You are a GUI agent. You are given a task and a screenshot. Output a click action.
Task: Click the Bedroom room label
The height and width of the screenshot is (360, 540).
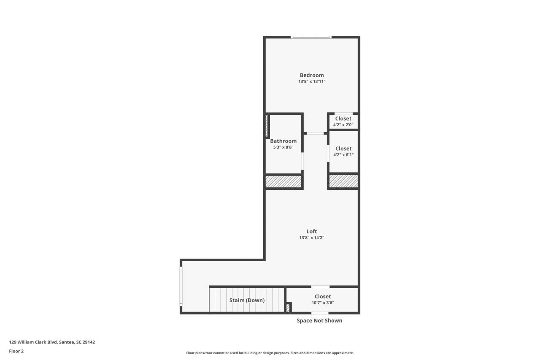tap(312, 75)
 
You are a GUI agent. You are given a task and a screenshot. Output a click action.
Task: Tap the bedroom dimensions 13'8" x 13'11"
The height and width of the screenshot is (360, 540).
tap(312, 81)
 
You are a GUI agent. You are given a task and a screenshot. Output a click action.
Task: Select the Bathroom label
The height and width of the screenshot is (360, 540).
tap(283, 141)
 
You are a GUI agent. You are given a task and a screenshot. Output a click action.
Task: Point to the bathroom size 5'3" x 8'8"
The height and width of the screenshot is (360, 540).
tap(283, 147)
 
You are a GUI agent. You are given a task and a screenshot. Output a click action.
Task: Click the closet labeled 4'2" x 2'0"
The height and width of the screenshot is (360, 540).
tap(343, 122)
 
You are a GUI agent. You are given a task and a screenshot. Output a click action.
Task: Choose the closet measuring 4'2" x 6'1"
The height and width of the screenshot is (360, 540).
tap(343, 152)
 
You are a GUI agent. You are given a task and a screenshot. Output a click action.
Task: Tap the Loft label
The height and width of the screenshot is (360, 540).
tap(312, 231)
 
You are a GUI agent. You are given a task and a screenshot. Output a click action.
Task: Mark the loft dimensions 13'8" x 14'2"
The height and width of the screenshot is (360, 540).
tap(312, 238)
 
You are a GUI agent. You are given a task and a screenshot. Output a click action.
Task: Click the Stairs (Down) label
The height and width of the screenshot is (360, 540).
tap(247, 300)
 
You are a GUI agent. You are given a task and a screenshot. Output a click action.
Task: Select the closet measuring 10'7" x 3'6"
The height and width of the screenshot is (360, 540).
tap(323, 299)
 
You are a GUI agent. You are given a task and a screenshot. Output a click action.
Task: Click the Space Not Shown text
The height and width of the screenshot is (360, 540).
tap(319, 321)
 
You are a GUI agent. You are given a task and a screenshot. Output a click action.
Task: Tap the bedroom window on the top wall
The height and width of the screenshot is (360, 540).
tap(311, 38)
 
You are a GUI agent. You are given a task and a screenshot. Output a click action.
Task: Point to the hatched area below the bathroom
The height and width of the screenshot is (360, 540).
tap(283, 181)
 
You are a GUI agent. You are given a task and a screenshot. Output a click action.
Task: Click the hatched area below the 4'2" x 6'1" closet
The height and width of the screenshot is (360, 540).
tap(343, 181)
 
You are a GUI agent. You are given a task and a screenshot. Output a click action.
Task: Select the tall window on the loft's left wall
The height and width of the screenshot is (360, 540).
tap(181, 286)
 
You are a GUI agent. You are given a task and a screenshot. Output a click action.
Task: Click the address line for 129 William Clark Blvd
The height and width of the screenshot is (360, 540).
tap(52, 342)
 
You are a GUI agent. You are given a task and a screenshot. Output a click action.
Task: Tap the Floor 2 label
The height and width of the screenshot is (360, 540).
tap(16, 351)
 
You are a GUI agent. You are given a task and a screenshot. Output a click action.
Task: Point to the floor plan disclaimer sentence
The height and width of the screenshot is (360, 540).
tap(270, 353)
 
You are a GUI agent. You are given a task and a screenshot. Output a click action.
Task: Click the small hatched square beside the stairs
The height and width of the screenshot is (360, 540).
tap(288, 308)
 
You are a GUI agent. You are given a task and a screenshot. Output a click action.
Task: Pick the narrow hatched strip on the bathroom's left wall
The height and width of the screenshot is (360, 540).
tap(267, 126)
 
